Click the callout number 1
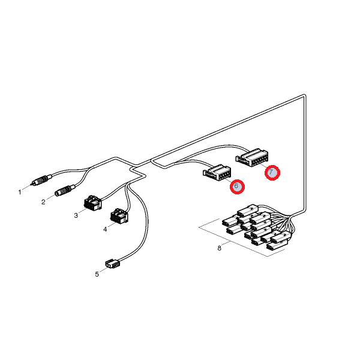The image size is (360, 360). pyautogui.click(x=20, y=192)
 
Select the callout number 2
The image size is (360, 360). pyautogui.click(x=43, y=202)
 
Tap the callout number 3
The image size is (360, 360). pyautogui.click(x=76, y=215)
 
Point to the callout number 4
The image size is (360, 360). pyautogui.click(x=105, y=229)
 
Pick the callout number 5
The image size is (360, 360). pyautogui.click(x=97, y=274)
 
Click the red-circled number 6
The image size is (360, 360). pyautogui.click(x=237, y=187)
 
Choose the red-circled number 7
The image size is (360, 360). pyautogui.click(x=272, y=172)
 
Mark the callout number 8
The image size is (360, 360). pyautogui.click(x=219, y=248)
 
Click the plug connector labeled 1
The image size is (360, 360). pyautogui.click(x=41, y=180)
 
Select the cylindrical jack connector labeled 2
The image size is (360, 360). pyautogui.click(x=65, y=190)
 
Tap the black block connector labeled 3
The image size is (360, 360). pyautogui.click(x=93, y=202)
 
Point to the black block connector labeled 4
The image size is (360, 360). pyautogui.click(x=119, y=216)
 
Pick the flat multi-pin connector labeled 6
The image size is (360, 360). pyautogui.click(x=217, y=172)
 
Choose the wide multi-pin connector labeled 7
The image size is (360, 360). pyautogui.click(x=252, y=157)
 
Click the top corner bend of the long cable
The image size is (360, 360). pyautogui.click(x=304, y=95)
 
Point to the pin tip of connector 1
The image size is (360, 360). pyautogui.click(x=31, y=184)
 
